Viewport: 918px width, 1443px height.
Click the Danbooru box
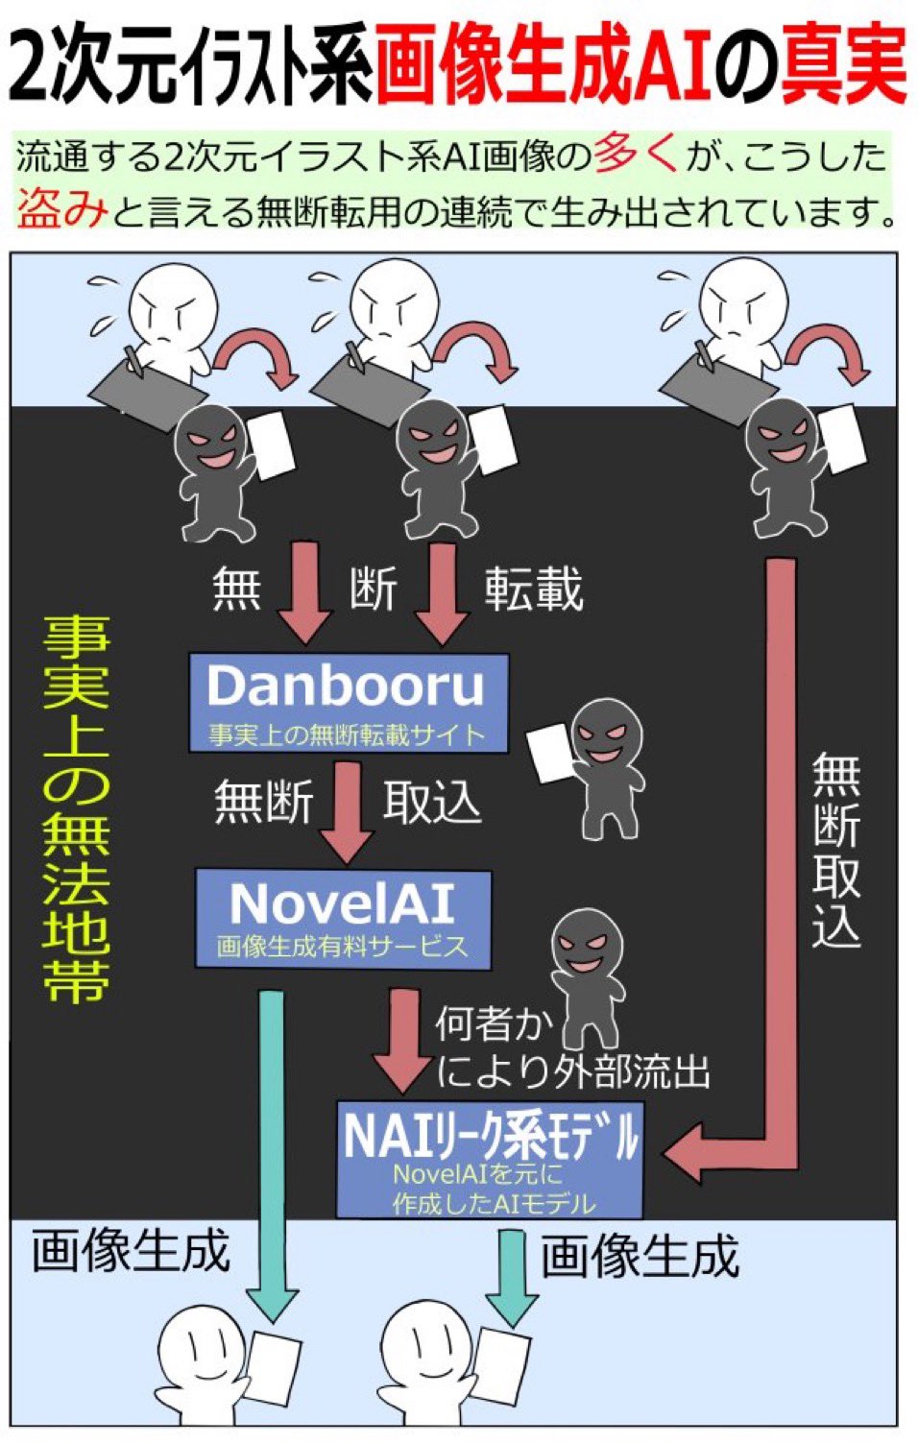coord(348,702)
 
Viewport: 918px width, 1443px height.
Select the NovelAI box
coord(343,918)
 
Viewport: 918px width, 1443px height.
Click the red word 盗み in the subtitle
coord(60,208)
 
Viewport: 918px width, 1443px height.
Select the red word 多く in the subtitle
coord(636,154)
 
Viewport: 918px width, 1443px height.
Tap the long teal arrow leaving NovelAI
coord(273,1152)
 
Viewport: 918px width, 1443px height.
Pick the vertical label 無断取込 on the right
coord(834,850)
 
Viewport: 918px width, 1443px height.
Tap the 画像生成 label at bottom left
coord(130,1252)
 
